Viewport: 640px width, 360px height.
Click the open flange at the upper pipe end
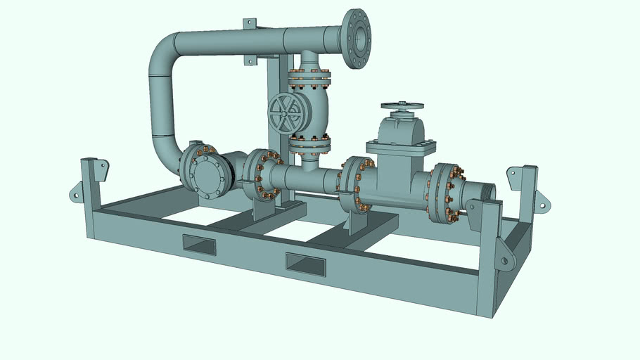pos(357,38)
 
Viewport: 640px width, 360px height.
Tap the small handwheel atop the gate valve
pos(402,106)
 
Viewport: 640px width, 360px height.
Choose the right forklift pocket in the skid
pos(305,264)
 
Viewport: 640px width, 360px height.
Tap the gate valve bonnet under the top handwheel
pos(401,134)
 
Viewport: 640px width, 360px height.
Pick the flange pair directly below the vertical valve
pos(309,143)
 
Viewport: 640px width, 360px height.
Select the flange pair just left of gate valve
pos(354,184)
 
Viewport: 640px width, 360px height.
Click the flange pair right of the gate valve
pos(446,193)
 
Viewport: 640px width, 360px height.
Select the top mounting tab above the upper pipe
pos(250,25)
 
